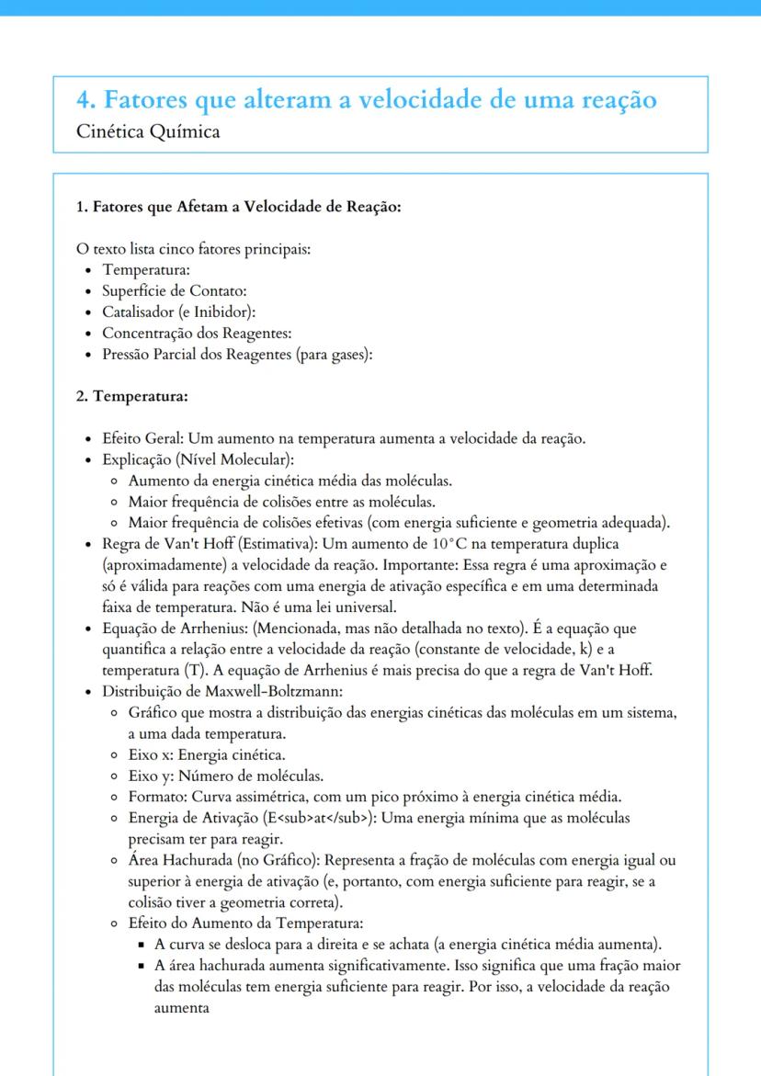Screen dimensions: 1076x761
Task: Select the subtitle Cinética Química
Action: click(149, 131)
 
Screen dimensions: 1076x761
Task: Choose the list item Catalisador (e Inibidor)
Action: click(178, 312)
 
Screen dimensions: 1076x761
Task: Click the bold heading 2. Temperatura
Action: click(132, 397)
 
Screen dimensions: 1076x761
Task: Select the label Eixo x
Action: click(150, 754)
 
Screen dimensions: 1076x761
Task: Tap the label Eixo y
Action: click(150, 776)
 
